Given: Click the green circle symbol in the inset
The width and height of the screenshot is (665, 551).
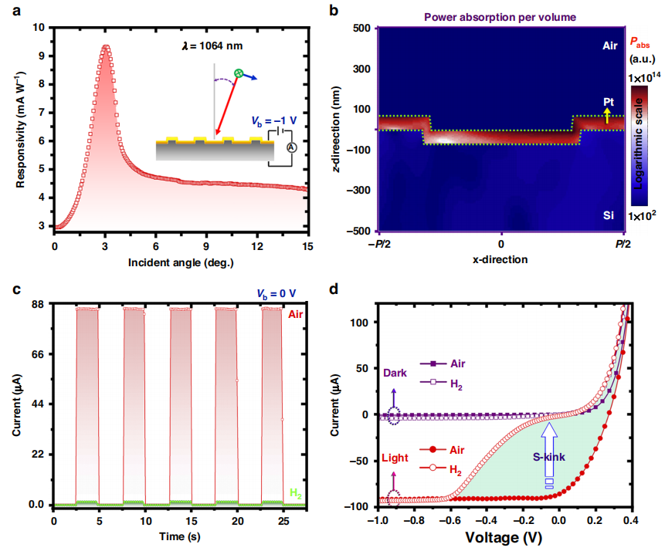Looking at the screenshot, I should pos(239,73).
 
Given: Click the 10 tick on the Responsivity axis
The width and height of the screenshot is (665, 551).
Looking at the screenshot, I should pos(40,27).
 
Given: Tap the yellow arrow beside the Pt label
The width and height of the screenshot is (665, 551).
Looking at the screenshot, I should pos(607,116).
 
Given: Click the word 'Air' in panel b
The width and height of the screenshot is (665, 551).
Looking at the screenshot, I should pos(610,46).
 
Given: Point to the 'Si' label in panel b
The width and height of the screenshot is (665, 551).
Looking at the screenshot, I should pos(609,217).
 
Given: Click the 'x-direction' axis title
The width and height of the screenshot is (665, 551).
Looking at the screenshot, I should pos(500,260).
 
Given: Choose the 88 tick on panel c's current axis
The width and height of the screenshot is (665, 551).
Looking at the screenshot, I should pos(37,305).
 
